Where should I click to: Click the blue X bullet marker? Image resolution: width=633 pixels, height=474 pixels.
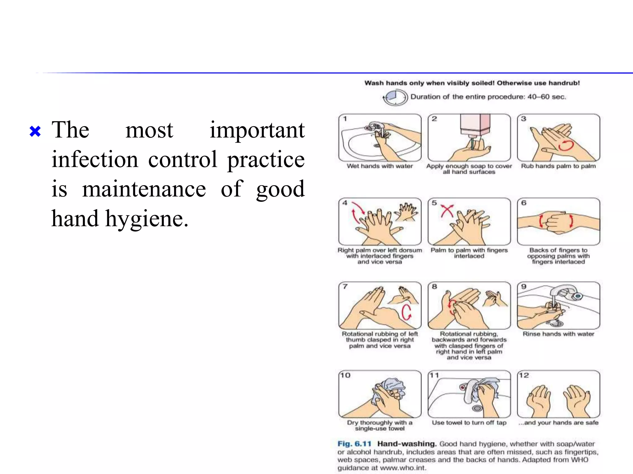click(35, 131)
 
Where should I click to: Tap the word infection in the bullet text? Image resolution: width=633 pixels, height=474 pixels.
click(95, 160)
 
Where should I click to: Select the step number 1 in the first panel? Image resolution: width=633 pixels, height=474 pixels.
click(345, 119)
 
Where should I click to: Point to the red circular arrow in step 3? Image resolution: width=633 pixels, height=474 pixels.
click(566, 145)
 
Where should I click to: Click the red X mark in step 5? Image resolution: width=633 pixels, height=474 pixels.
click(447, 211)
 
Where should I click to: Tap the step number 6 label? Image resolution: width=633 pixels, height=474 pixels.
click(524, 203)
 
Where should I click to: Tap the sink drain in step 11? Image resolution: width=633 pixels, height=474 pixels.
click(478, 408)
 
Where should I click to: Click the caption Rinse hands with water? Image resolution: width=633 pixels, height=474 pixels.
click(558, 334)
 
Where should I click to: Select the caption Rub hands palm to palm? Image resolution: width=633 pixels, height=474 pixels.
click(558, 166)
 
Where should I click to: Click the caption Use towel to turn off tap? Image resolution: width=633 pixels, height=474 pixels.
click(469, 422)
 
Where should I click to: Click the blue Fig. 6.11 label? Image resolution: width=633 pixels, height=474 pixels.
click(354, 444)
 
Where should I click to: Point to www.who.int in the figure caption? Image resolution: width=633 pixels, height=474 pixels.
click(402, 468)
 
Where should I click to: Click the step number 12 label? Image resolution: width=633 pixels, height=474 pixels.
click(524, 375)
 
